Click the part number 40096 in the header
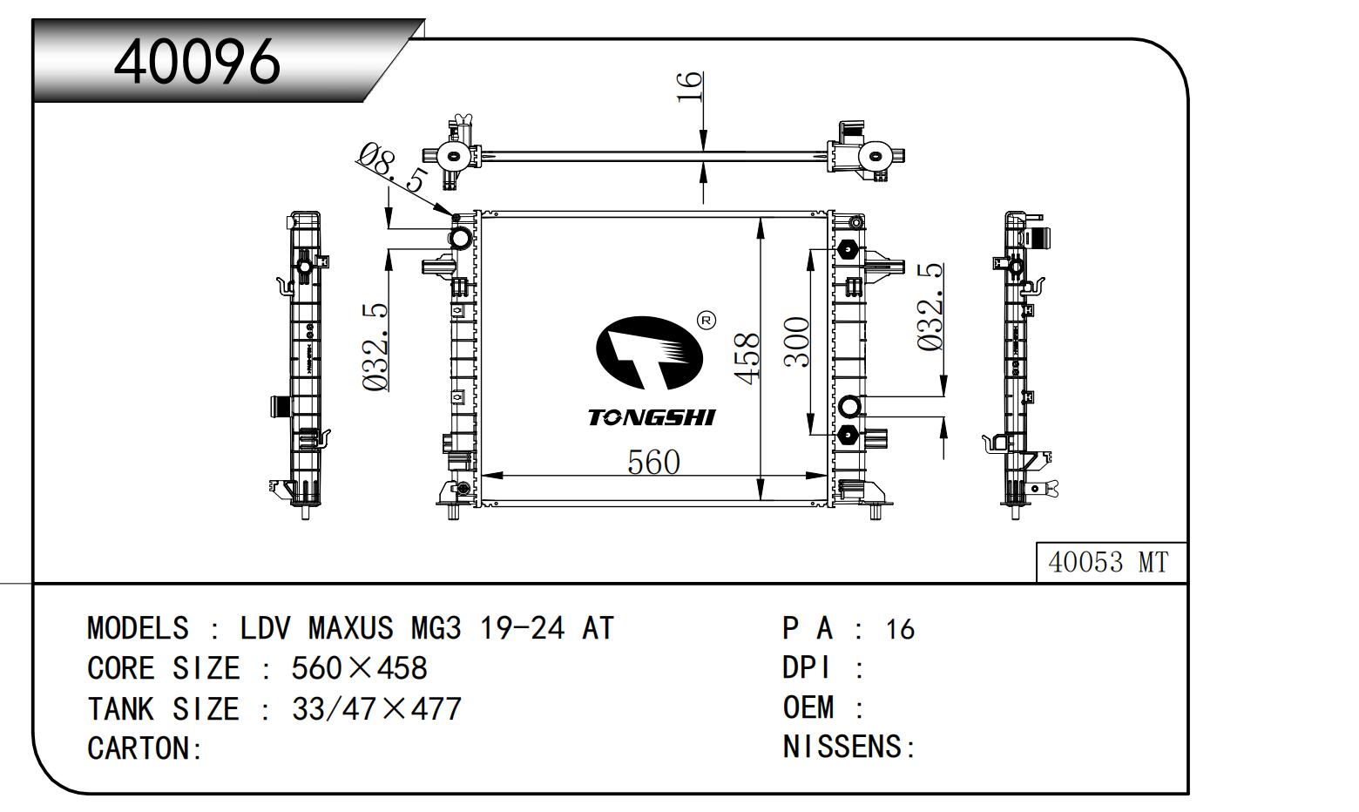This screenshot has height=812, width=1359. (198, 60)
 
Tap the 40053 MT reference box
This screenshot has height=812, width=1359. (1108, 563)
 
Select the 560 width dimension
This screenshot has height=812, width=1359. (653, 462)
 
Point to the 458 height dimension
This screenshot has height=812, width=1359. (747, 357)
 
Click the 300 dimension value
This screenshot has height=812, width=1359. (798, 342)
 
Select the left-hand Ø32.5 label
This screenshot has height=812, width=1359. (375, 347)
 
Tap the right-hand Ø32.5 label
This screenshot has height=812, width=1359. (930, 307)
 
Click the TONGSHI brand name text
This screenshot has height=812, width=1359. (651, 417)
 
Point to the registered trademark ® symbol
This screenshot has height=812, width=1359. (707, 321)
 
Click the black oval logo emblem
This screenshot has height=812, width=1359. (648, 353)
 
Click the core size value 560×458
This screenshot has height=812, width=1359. (359, 668)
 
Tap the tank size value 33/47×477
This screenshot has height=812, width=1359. (376, 709)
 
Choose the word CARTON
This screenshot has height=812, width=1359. (139, 748)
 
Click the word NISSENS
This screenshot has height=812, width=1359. (842, 747)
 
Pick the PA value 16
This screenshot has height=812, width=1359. (900, 629)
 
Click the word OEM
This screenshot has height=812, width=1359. (808, 707)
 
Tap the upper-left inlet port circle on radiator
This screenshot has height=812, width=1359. (460, 237)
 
